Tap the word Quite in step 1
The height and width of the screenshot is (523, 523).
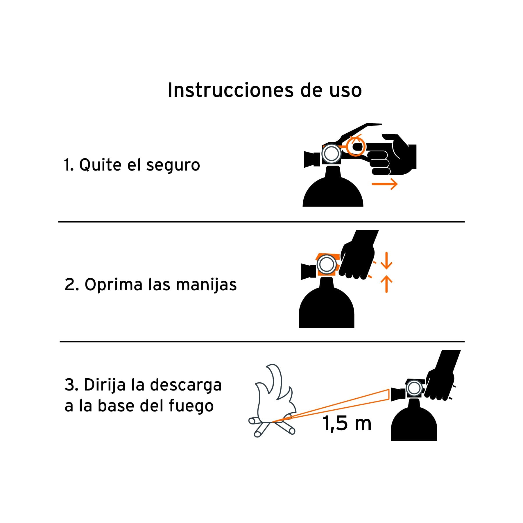(100, 165)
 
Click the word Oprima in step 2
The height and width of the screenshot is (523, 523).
(113, 285)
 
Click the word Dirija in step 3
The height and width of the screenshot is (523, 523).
(105, 385)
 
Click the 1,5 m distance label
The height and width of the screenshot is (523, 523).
(347, 424)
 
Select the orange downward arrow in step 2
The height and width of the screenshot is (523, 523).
(386, 261)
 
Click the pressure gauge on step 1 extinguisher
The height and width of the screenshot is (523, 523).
(331, 154)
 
